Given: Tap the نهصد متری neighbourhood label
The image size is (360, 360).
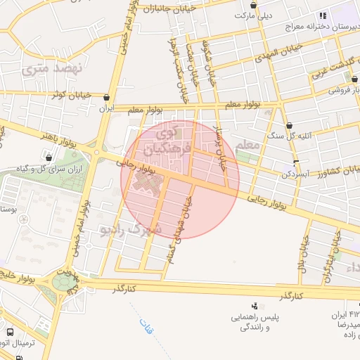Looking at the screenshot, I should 52,68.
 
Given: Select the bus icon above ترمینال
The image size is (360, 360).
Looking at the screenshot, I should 9,332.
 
